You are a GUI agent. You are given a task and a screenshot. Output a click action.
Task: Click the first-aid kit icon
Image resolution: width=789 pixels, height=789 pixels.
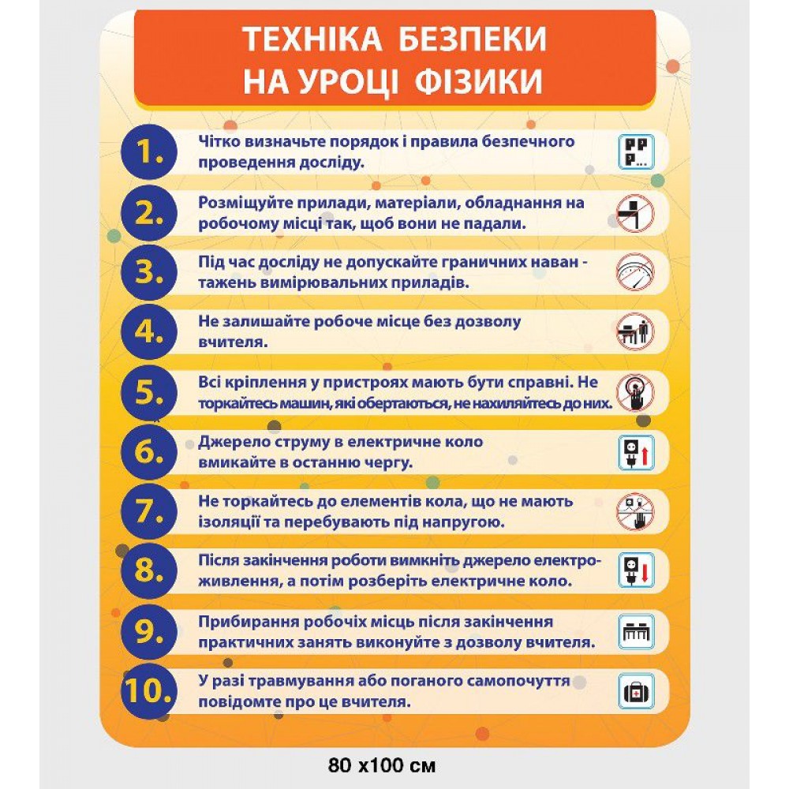(635, 692)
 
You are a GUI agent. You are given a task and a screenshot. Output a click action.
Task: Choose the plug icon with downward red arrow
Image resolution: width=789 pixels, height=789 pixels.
(635, 571)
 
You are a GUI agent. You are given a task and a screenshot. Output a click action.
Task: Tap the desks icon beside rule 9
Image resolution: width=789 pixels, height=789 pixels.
(635, 631)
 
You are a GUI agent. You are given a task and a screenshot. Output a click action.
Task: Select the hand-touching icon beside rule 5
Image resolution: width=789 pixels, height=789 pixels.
(635, 392)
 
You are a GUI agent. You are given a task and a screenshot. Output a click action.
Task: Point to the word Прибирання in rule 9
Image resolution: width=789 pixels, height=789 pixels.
(242, 622)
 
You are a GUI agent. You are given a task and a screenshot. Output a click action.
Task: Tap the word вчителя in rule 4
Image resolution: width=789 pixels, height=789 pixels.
(229, 342)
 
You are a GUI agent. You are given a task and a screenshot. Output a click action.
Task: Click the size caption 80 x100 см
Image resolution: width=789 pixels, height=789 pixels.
(382, 765)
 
